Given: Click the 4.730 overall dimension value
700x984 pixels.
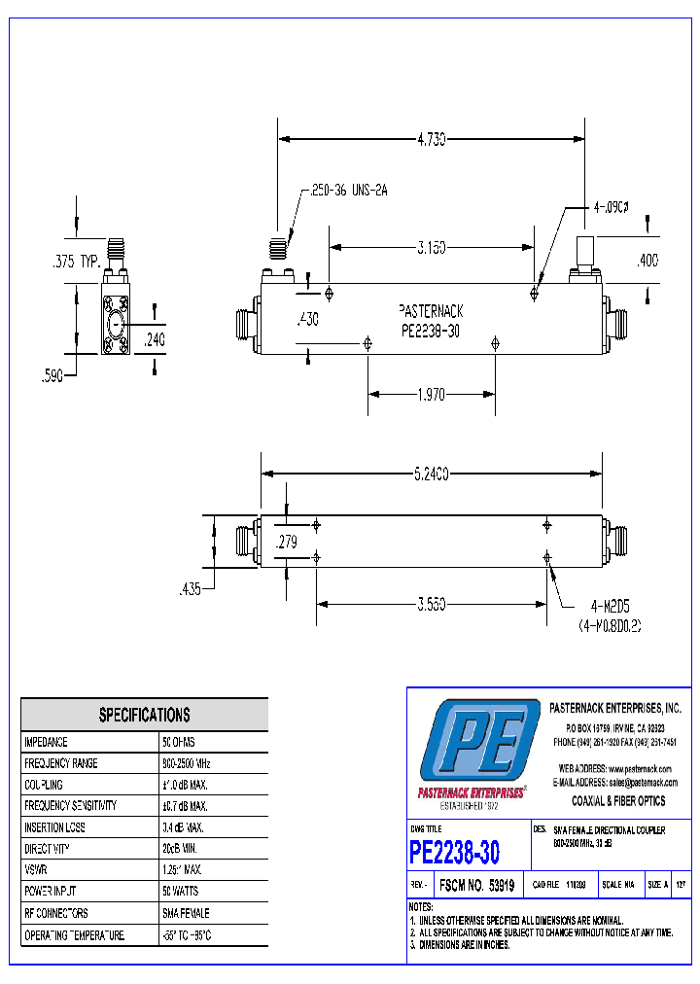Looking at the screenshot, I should (431, 140).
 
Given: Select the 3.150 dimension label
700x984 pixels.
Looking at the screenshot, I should (431, 249).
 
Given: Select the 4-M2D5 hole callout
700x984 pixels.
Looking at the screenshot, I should (610, 606).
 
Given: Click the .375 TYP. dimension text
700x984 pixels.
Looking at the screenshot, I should (76, 261).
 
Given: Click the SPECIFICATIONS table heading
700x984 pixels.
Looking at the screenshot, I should (144, 715).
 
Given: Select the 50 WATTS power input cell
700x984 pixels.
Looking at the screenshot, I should (186, 891).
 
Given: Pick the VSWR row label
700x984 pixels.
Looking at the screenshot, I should (37, 869).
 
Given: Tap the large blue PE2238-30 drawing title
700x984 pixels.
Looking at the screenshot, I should (455, 853).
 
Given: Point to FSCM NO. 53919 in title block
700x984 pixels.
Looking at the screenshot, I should (476, 886).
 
